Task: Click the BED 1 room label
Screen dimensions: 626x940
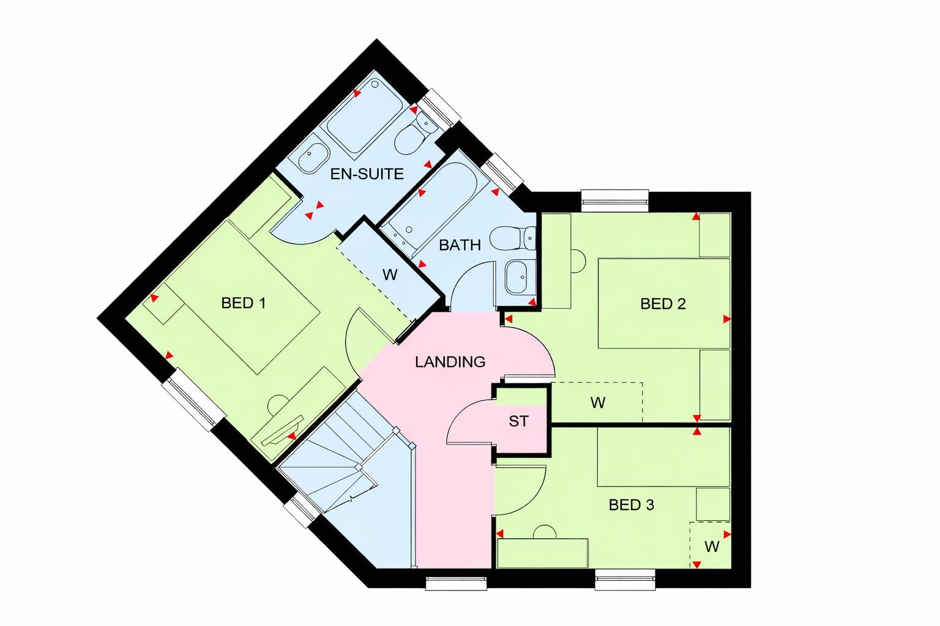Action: point(244,303)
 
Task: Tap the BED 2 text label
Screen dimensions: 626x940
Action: point(663,303)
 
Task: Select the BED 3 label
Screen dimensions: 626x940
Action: point(632,505)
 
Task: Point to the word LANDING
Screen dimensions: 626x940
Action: point(450,362)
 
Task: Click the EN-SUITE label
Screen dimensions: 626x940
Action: point(367,174)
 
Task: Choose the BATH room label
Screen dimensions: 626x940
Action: point(460,245)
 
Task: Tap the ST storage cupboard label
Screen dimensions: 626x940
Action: point(518,421)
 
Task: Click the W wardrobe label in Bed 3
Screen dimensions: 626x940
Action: point(711,546)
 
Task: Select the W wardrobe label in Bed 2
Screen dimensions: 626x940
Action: point(597,402)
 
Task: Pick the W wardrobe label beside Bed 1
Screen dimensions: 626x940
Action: point(390,274)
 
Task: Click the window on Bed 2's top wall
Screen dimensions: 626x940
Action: point(614,197)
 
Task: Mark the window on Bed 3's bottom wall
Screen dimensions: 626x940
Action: point(625,580)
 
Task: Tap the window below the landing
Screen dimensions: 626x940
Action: point(456,583)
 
